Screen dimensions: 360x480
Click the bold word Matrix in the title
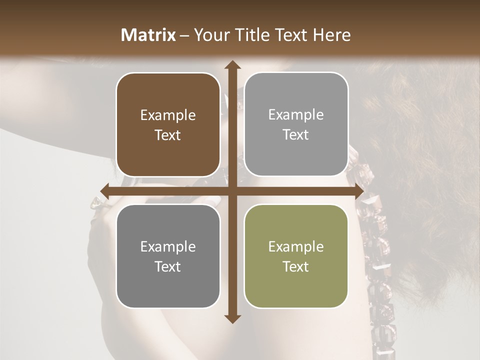(x=148, y=35)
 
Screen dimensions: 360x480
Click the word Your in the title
(x=209, y=35)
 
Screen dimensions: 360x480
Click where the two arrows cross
(x=232, y=191)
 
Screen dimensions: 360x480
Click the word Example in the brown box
(x=168, y=115)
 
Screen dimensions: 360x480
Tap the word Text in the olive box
(x=296, y=266)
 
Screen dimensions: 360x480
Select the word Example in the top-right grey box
(x=296, y=115)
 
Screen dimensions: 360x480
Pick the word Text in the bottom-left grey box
(x=168, y=266)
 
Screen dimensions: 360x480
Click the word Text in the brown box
(x=168, y=135)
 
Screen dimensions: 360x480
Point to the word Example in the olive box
(x=296, y=247)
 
